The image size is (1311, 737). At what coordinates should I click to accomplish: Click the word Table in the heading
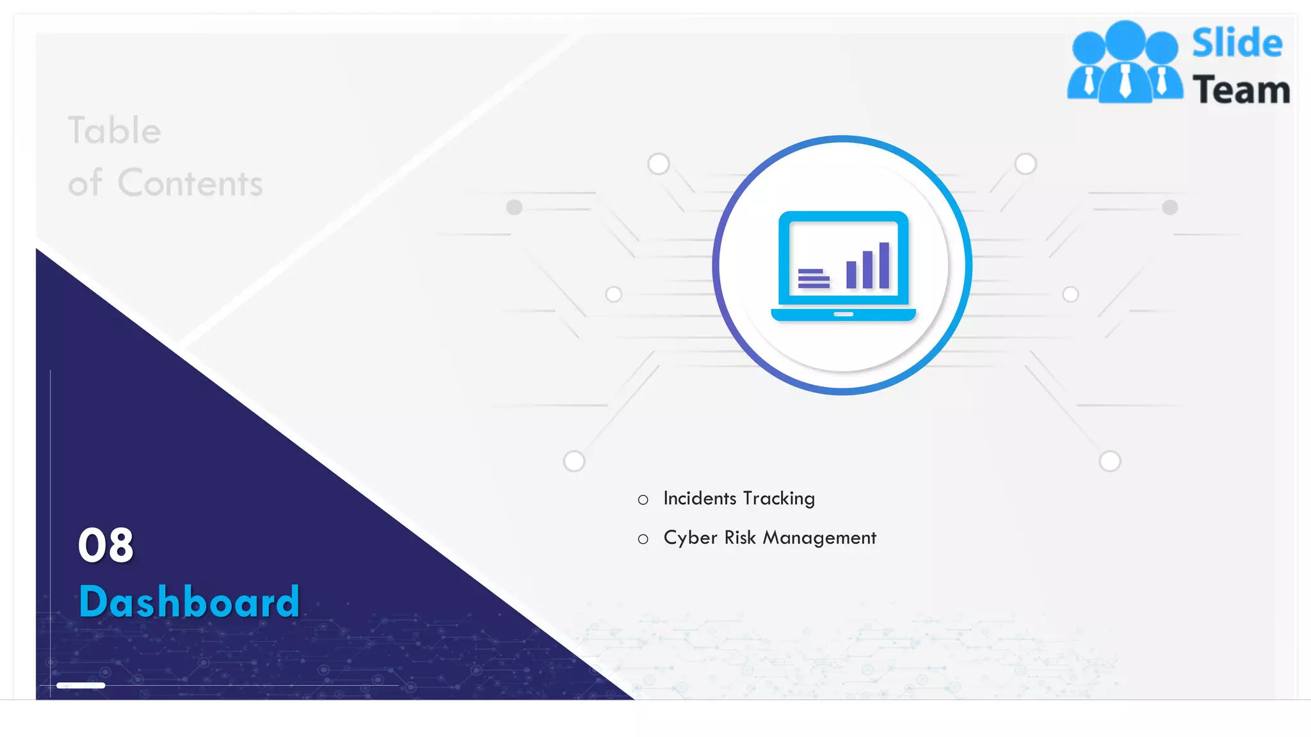(x=115, y=131)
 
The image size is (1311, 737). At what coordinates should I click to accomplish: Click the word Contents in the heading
(x=190, y=184)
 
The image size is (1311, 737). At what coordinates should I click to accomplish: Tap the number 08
(x=106, y=546)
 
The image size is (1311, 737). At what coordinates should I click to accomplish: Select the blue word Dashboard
(x=189, y=601)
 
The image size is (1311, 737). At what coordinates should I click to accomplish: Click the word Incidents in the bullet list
(x=700, y=498)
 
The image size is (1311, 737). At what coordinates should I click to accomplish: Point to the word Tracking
(x=778, y=499)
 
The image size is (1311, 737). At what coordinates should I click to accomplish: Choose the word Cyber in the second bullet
(x=690, y=537)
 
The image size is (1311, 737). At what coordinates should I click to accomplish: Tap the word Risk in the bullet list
(x=740, y=537)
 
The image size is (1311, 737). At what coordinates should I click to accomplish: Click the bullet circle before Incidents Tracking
(x=643, y=500)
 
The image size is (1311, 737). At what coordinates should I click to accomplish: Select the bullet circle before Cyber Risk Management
(x=643, y=539)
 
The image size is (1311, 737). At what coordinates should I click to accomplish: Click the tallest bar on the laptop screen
(x=884, y=265)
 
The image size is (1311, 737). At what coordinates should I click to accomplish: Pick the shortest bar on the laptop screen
(x=851, y=275)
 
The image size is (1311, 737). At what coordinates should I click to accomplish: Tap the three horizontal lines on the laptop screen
(x=814, y=279)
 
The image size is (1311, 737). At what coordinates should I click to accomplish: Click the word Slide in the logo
(x=1237, y=44)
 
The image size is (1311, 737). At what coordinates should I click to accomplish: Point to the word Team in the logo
(x=1241, y=90)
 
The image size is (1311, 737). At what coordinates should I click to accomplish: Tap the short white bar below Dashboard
(x=81, y=685)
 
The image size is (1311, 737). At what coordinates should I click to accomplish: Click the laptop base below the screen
(x=843, y=314)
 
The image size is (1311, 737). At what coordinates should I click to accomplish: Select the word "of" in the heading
(x=84, y=184)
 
